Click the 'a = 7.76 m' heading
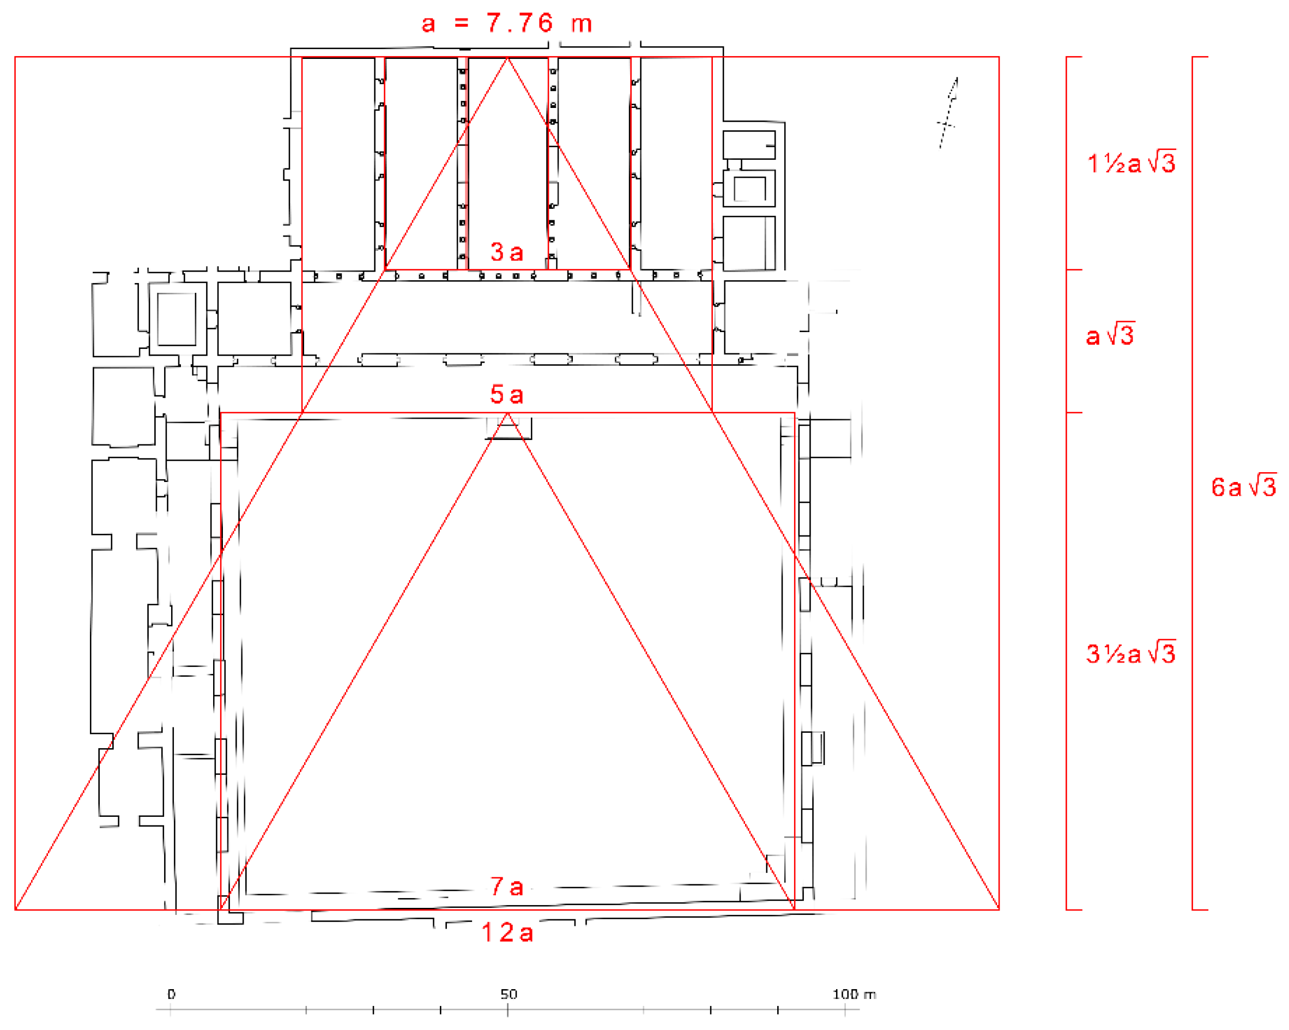pos(506,23)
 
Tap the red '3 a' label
pos(507,252)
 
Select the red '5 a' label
pos(507,394)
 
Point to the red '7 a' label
pos(507,887)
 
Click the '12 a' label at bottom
pos(507,932)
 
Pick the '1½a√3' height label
pos(1131,162)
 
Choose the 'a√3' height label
pos(1110,334)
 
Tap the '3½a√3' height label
pos(1131,653)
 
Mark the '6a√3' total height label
pos(1244,486)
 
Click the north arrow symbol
pos(949,112)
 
